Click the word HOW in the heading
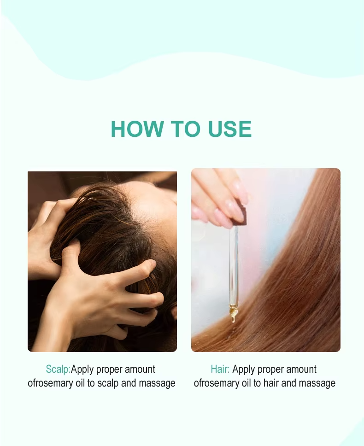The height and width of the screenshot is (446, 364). pyautogui.click(x=137, y=129)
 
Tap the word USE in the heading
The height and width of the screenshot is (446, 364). pyautogui.click(x=230, y=129)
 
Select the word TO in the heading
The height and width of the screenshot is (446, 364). pyautogui.click(x=186, y=129)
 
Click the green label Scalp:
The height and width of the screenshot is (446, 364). pyautogui.click(x=59, y=369)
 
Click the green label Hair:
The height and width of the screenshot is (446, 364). pyautogui.click(x=220, y=369)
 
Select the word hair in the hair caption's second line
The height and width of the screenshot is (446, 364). pyautogui.click(x=271, y=383)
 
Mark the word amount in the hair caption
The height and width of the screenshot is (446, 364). pyautogui.click(x=301, y=369)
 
